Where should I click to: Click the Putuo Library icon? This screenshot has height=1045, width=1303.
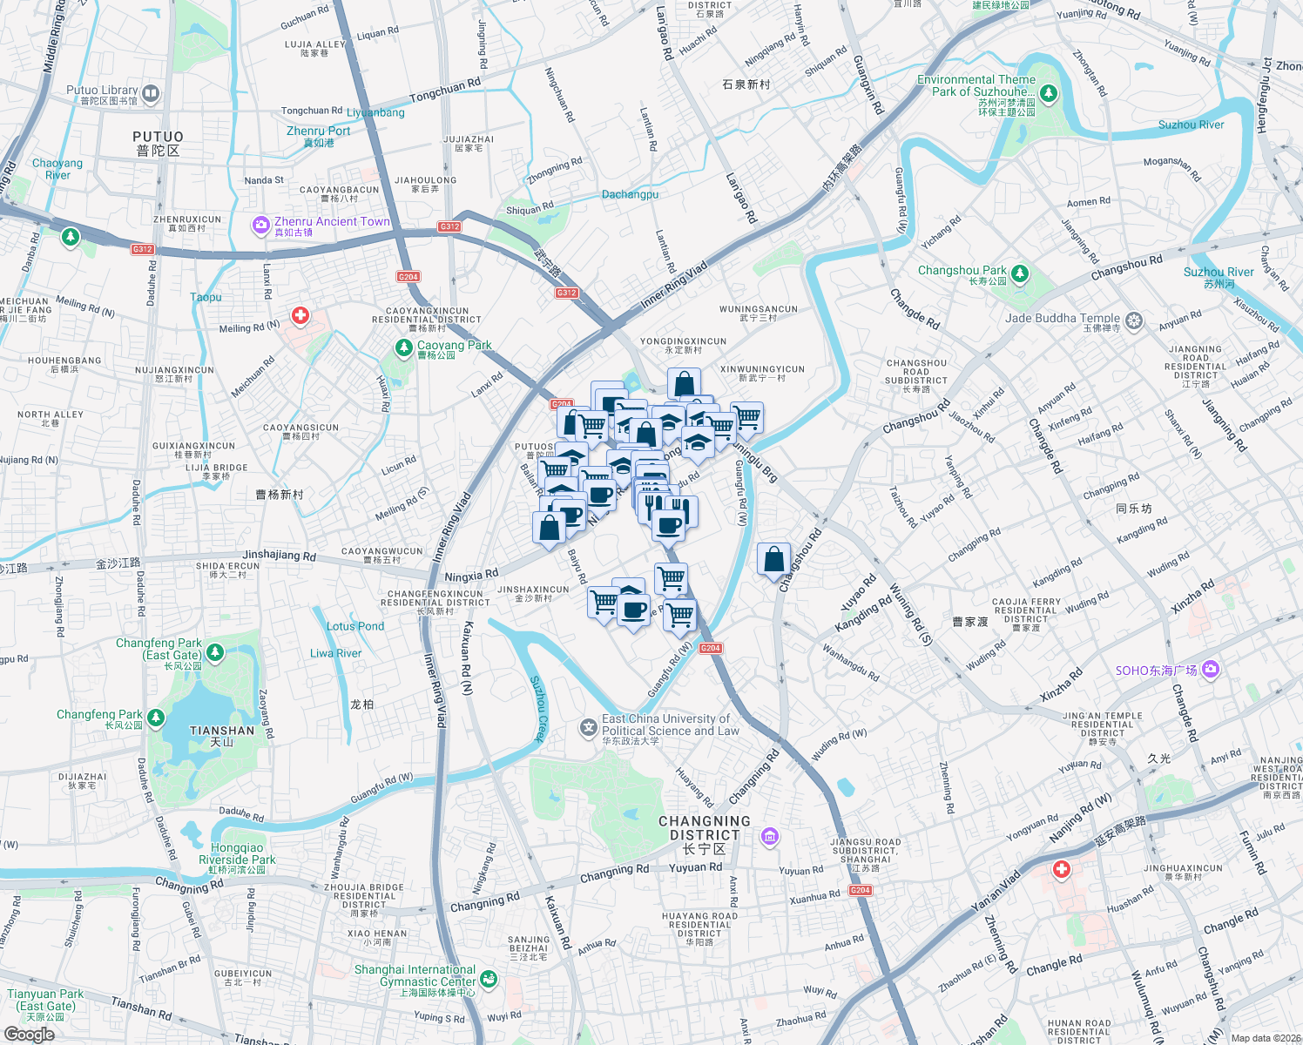151,93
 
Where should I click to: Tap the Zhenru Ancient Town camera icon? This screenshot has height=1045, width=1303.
260,226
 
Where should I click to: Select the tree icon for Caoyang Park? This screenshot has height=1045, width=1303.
403,348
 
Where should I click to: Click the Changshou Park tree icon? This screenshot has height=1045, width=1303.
1020,274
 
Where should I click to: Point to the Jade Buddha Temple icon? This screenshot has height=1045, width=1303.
1133,320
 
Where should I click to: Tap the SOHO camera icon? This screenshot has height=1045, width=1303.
1211,670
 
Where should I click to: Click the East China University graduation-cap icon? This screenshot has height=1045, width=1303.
589,727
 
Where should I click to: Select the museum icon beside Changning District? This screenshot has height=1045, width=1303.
769,837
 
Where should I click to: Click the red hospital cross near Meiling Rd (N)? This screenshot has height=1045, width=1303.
300,315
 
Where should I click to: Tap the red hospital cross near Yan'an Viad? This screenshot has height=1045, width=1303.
1061,869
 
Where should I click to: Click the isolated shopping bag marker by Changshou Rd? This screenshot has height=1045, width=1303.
773,560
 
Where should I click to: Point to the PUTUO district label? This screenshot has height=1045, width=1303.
158,143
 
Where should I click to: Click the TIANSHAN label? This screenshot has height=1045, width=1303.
222,736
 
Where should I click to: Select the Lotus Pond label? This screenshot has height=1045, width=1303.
354,626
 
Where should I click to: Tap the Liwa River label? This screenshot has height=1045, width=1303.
335,653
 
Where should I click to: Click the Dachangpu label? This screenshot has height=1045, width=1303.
630,194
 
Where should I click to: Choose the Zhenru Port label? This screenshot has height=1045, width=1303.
318,136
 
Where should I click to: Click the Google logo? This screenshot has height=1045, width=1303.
29,1035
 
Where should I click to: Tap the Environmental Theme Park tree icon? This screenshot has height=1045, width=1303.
1049,93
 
